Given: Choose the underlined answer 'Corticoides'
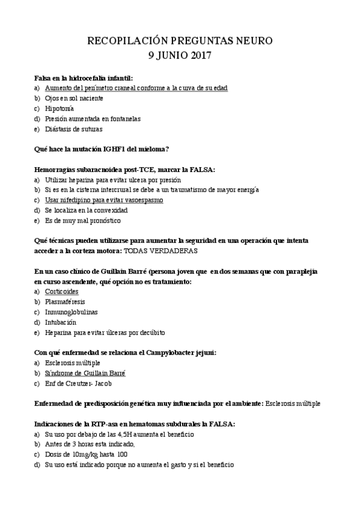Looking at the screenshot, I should [x=62, y=291].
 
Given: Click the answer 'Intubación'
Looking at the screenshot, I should [x=60, y=322].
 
